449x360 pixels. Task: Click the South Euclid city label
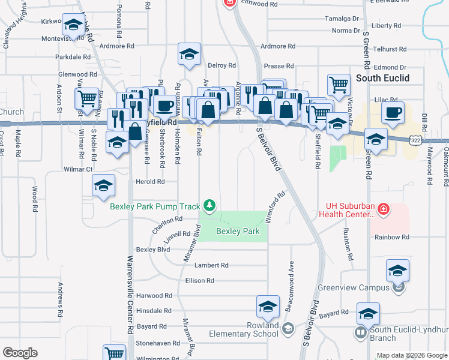click(382, 78)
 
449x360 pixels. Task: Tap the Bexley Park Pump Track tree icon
click(209, 206)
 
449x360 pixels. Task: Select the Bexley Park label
click(237, 231)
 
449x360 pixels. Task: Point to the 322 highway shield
click(415, 139)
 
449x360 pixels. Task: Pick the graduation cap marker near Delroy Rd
click(189, 55)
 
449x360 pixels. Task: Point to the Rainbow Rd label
click(391, 237)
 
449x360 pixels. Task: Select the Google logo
click(20, 353)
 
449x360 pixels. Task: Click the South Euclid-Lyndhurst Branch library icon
click(361, 332)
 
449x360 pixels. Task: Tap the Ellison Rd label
click(200, 280)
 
